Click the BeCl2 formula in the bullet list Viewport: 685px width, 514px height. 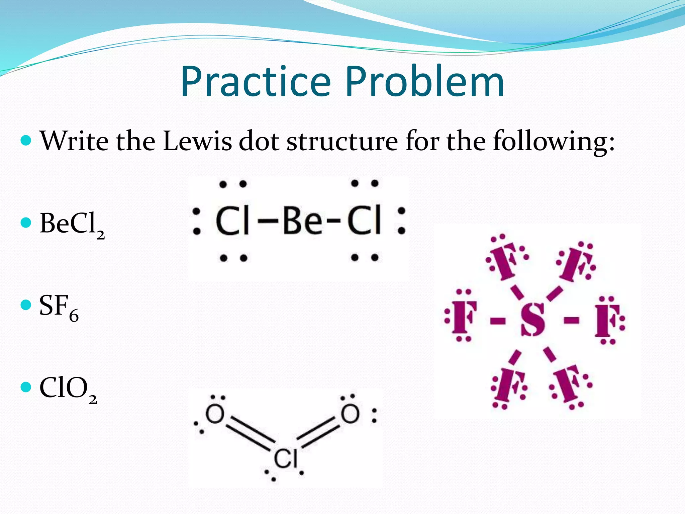point(72,224)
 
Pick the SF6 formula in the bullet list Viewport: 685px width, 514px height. point(59,307)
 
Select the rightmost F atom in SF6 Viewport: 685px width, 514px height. point(607,320)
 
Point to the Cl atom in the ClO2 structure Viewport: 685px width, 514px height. point(285,458)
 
